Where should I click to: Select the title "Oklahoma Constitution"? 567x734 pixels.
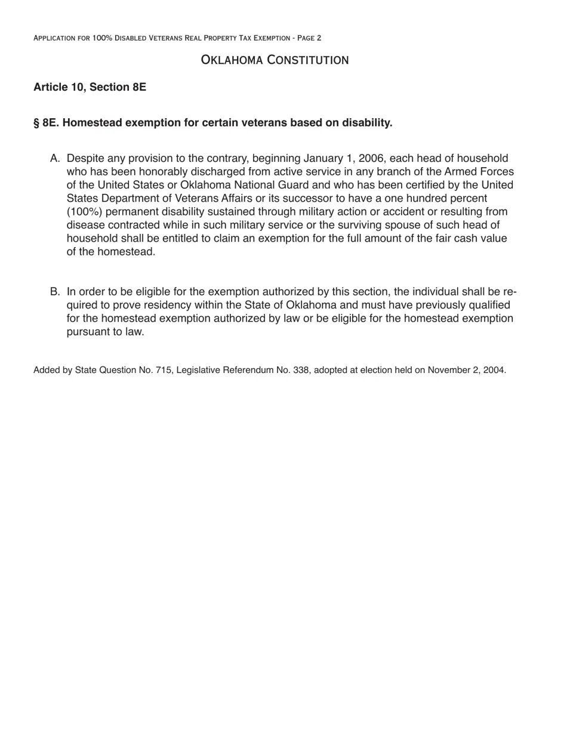point(275,60)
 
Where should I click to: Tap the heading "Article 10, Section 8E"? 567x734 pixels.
point(90,87)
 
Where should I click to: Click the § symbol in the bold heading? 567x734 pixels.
point(37,123)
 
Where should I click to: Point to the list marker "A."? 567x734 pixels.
point(56,159)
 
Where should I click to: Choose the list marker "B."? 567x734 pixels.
point(56,292)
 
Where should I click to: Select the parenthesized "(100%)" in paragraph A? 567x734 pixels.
point(84,212)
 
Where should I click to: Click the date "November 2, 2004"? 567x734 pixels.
point(466,370)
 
